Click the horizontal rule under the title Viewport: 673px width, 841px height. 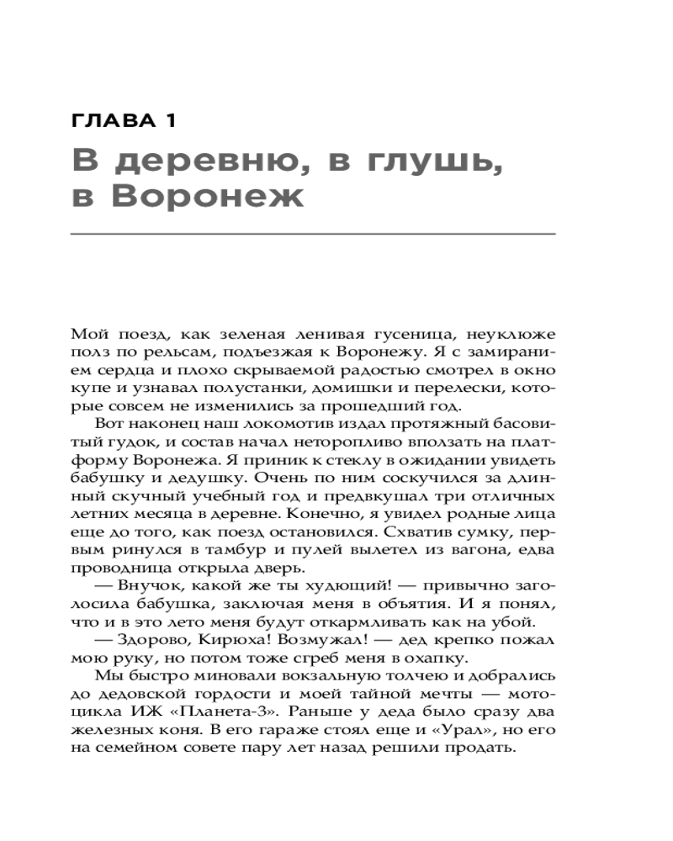313,233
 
